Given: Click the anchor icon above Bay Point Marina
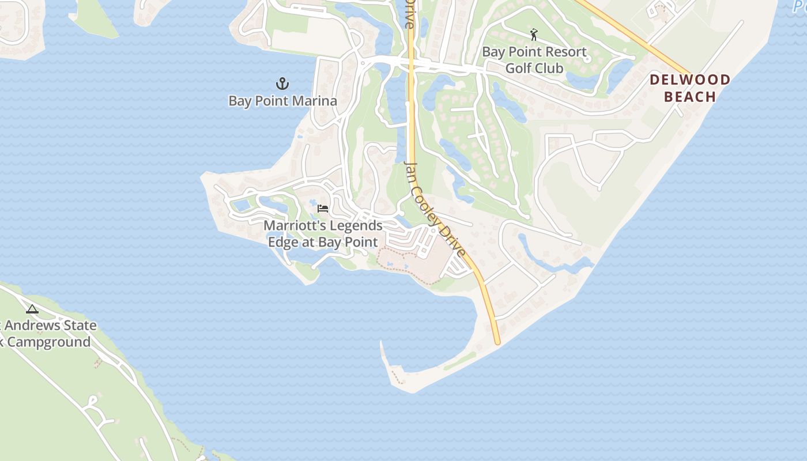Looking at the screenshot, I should click(282, 84).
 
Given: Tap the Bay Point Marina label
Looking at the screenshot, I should click(282, 101).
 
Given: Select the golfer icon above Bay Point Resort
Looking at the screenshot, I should click(534, 35).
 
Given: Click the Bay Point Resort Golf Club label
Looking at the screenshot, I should click(534, 60).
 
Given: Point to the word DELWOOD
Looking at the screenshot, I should click(690, 80).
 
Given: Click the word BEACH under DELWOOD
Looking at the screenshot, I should click(690, 96).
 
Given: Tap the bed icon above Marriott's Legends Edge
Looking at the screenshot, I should click(323, 208).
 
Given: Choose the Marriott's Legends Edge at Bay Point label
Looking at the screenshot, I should click(323, 233).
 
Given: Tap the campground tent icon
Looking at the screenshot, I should click(32, 309).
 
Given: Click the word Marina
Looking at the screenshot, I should click(315, 101).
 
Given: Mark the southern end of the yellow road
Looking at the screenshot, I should click(497, 343).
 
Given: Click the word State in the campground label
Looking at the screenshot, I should click(80, 325).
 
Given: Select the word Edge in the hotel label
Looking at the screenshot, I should click(282, 242).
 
